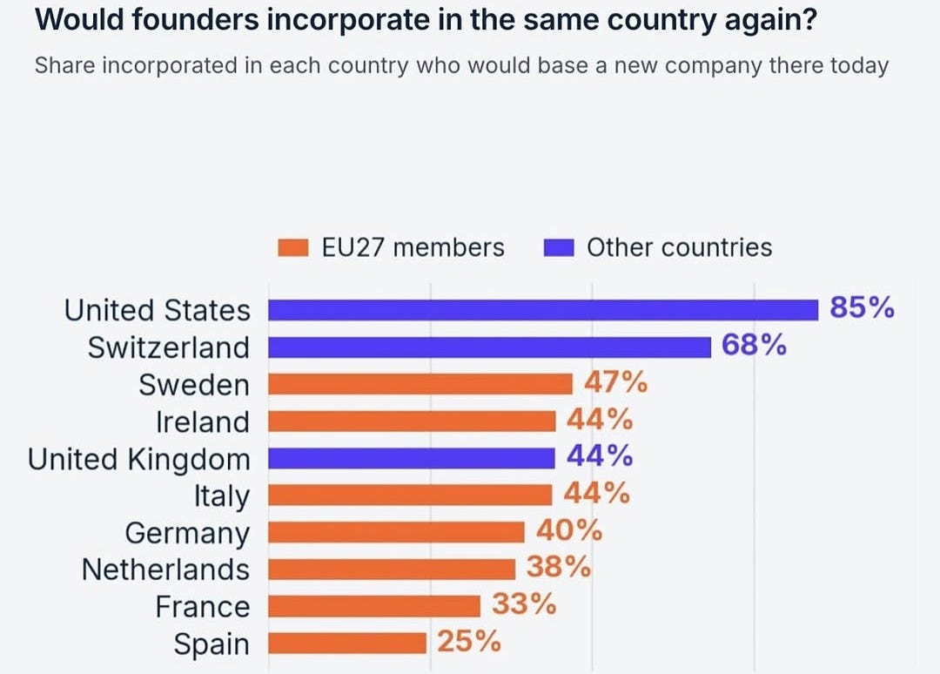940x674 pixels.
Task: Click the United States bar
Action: [x=543, y=310]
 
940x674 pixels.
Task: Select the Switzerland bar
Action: [x=489, y=347]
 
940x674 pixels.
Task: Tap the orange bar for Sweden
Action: [x=420, y=384]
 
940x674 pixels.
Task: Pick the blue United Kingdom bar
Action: [x=411, y=459]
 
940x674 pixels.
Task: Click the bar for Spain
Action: [x=347, y=644]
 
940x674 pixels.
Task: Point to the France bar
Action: [x=374, y=606]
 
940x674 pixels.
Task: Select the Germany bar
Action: [x=396, y=532]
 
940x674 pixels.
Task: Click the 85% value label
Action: [x=862, y=307]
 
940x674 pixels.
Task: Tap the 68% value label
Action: [x=754, y=345]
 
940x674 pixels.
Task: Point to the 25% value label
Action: [x=469, y=641]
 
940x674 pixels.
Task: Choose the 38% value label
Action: [x=559, y=567]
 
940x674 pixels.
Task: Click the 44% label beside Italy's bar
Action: [x=597, y=493]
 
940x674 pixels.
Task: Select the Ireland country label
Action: [x=203, y=422]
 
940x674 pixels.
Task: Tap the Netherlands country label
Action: [x=165, y=570]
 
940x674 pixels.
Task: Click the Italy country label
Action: [x=221, y=496]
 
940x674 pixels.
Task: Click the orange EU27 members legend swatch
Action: [x=293, y=247]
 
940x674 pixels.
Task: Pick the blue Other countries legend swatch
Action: [x=559, y=247]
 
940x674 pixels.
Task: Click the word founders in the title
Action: [x=196, y=20]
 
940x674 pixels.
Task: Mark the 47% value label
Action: [x=616, y=382]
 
